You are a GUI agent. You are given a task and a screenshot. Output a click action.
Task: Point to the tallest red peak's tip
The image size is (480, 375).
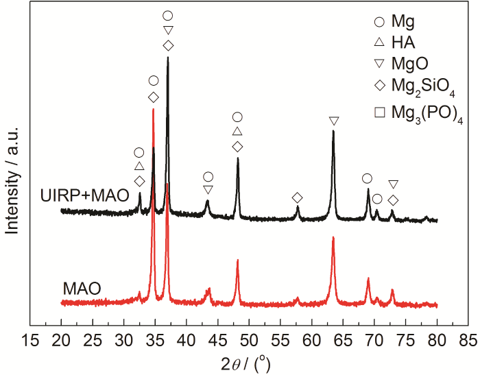(154, 108)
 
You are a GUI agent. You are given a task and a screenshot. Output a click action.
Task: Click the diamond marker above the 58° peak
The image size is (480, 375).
(297, 198)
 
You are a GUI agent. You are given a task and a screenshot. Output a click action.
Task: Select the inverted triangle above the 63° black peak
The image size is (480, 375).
(334, 121)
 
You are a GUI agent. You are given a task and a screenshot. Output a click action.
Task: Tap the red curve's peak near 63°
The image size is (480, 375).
(333, 237)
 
